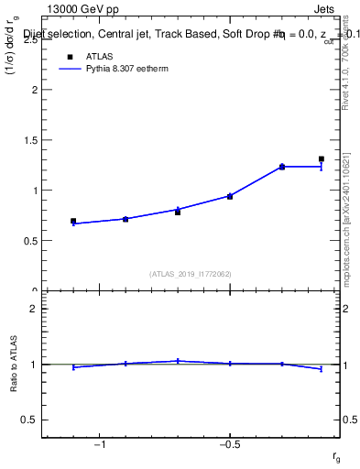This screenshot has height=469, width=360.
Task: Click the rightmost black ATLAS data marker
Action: (x=322, y=159)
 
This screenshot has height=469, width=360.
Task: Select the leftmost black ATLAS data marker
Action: (x=73, y=221)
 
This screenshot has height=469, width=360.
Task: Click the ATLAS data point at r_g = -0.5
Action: (x=230, y=196)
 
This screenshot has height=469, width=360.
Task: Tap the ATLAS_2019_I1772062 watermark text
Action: (x=191, y=273)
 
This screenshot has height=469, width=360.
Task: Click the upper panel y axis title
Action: (x=13, y=60)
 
